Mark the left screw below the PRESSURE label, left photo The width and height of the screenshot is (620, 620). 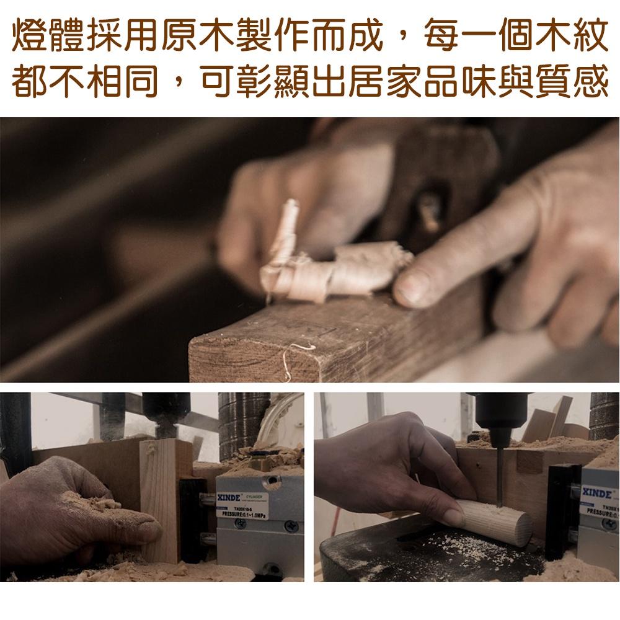(x=240, y=525)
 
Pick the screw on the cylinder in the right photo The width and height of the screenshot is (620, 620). (x=608, y=524)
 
